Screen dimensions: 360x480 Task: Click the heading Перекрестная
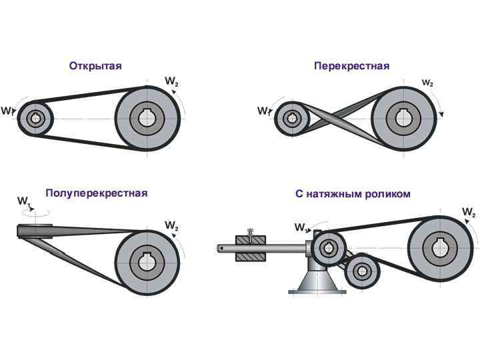[351, 66]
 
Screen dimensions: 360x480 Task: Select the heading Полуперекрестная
[96, 193]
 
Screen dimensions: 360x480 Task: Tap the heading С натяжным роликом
[353, 194]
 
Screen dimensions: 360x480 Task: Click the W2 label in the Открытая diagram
[171, 82]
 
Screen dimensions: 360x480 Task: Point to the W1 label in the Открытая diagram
[9, 111]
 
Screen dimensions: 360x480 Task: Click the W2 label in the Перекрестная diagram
[427, 83]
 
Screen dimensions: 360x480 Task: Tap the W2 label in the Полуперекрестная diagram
[171, 225]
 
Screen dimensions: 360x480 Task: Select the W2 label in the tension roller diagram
[468, 213]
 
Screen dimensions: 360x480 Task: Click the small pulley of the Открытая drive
[35, 119]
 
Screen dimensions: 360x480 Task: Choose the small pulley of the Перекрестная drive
[291, 119]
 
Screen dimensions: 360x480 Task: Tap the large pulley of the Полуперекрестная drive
[147, 260]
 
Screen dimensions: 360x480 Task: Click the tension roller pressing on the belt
[363, 270]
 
